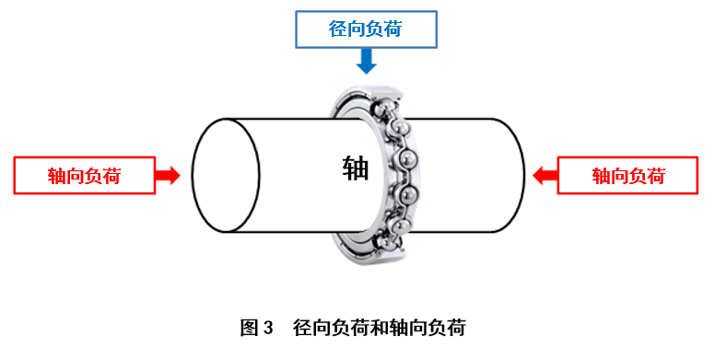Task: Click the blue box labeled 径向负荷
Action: pos(366,29)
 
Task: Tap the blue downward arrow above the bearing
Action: pos(367,61)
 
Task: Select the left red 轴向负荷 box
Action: pos(84,175)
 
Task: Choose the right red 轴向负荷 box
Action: pos(627,175)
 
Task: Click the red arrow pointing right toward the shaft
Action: pos(168,175)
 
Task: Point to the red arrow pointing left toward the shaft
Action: pos(544,175)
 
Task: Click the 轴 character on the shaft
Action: pos(355,168)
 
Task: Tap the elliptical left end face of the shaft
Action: pos(225,175)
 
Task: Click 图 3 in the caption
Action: pos(257,327)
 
